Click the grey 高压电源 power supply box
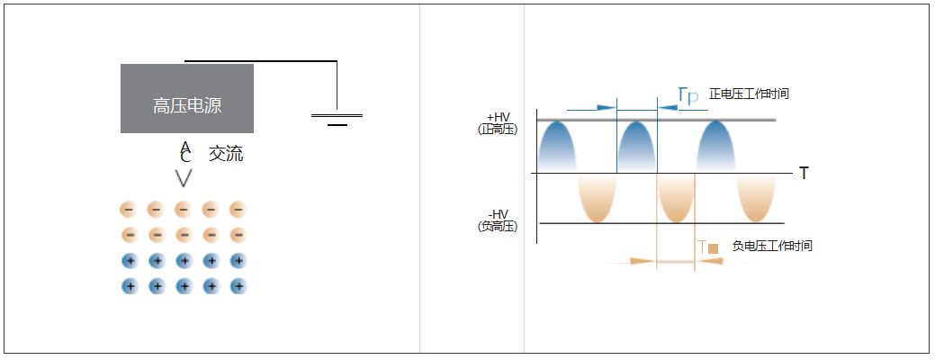coord(187,98)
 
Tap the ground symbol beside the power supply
coord(337,119)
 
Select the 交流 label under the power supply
coord(226,155)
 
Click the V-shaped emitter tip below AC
coord(184,178)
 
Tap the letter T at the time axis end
coord(804,174)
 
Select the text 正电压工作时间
coord(749,94)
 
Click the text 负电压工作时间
coord(771,246)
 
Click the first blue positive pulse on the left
coord(557,147)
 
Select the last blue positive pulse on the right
coord(716,147)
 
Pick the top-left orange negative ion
coord(129,210)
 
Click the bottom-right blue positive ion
coord(238,287)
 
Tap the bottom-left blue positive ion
coord(129,287)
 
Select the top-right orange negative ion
coord(238,210)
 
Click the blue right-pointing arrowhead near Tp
coord(607,108)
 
